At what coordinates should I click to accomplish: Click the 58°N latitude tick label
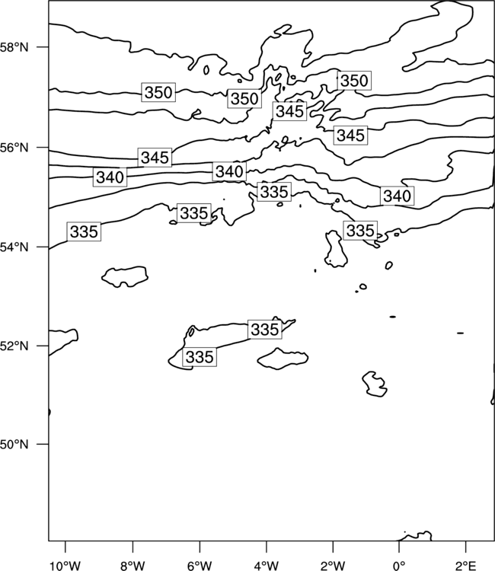coord(14,47)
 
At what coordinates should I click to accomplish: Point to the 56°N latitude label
coord(14,148)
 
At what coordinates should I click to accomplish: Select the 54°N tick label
coord(14,247)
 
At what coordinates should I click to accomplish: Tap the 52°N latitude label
coord(14,346)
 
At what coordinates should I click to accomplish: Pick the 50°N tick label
coord(14,445)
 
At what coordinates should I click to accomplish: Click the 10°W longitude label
coord(65,566)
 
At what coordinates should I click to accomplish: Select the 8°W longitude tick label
coord(133,566)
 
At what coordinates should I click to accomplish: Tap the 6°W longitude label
coord(200,566)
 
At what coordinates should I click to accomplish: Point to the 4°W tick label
coord(267,566)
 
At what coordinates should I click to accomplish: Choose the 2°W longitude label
coord(333,566)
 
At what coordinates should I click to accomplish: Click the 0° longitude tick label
coord(399,566)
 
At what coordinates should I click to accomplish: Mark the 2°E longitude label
coord(466,566)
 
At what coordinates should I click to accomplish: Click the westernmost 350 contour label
coord(158,92)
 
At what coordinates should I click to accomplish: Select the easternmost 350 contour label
coord(354,81)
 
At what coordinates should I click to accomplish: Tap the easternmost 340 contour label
coord(398,196)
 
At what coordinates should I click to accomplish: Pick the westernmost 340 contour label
coord(110,177)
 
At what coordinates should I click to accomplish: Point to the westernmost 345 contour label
coord(155,158)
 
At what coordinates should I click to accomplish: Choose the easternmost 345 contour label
coord(350,136)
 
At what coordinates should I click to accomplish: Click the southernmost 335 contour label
coord(200,357)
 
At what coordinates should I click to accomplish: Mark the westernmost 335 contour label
coord(84,231)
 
